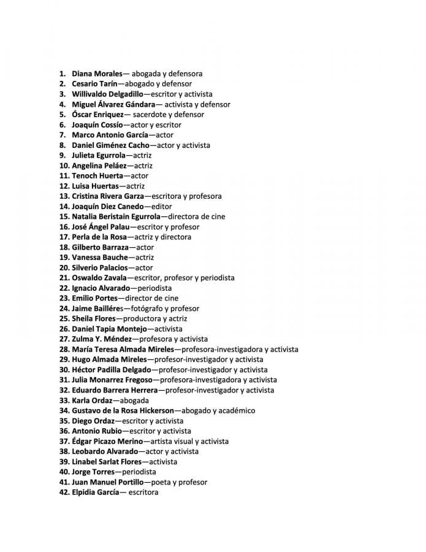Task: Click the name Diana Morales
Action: (x=97, y=74)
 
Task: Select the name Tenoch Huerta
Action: (x=94, y=176)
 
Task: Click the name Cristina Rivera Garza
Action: (x=107, y=196)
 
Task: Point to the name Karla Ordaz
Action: (x=92, y=401)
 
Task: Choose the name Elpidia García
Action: (x=95, y=493)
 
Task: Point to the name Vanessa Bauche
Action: (x=100, y=258)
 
